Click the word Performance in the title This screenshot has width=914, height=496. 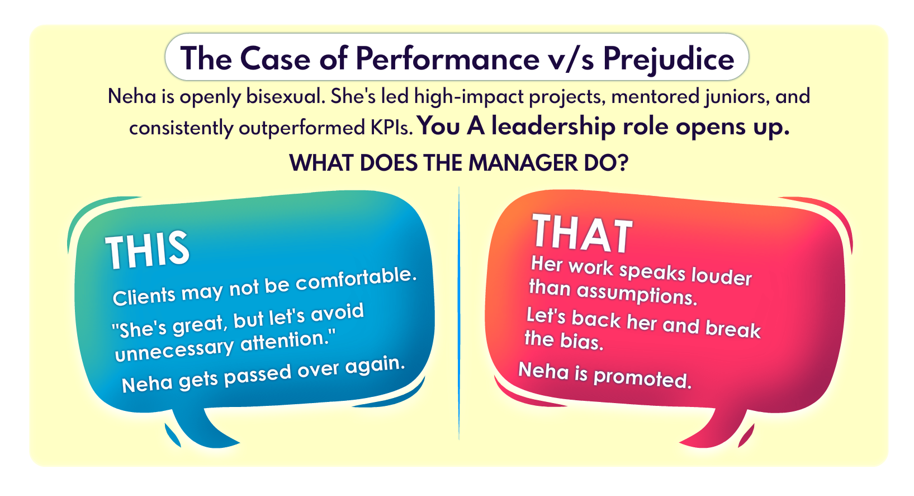pos(448,58)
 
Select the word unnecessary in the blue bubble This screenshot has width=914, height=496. pos(174,350)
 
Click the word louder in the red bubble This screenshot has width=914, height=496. pos(721,276)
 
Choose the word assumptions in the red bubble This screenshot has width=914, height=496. pos(637,293)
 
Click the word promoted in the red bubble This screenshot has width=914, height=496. pos(642,377)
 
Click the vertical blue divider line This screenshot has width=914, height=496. pos(459,313)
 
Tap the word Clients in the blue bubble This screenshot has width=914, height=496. pos(144,297)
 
